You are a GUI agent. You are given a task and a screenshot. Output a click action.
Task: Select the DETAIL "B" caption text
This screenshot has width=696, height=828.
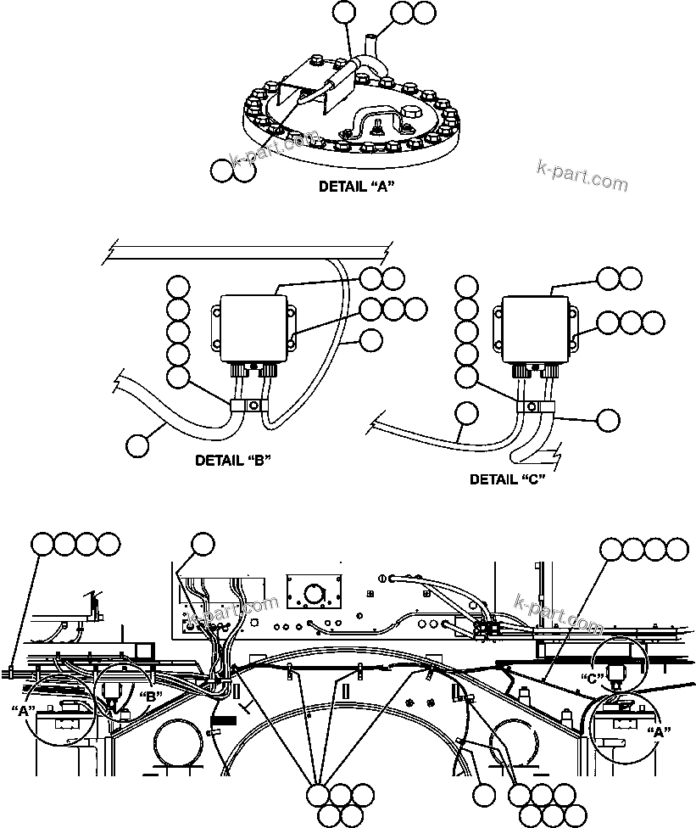click(x=232, y=462)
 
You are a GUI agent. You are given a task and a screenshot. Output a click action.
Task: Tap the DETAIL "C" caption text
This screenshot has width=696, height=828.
click(x=507, y=478)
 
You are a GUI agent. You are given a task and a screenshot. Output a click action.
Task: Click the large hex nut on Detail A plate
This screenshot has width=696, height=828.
click(x=408, y=113)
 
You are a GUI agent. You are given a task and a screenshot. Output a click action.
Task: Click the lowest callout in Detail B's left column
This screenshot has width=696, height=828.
click(x=176, y=378)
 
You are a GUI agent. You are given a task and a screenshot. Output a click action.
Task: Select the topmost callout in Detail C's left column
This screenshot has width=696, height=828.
click(x=467, y=286)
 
